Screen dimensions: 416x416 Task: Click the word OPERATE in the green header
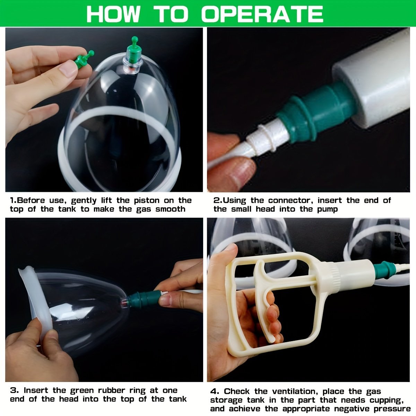click(x=262, y=14)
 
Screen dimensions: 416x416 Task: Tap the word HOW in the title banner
click(x=114, y=14)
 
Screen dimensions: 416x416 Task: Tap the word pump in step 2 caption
click(x=327, y=209)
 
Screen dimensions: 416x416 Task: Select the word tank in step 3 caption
click(x=178, y=399)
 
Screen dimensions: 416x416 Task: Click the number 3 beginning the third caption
click(x=13, y=390)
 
